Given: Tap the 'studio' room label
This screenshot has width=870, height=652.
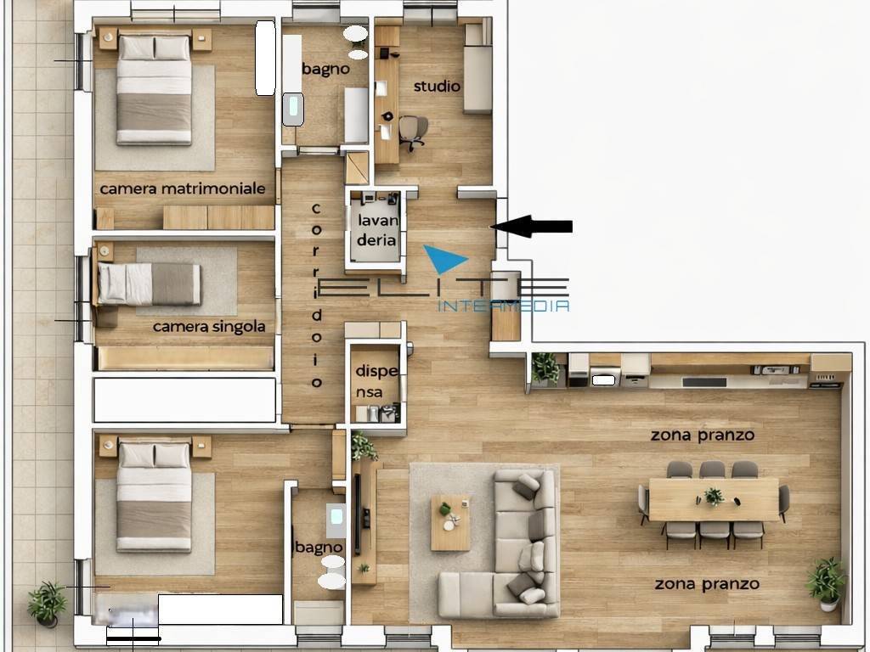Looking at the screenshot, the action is (438, 86).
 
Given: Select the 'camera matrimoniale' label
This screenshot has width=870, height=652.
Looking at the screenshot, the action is (183, 188).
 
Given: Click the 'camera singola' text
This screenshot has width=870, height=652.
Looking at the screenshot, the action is (209, 327).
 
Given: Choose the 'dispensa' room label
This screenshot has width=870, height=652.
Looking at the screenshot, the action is (376, 381).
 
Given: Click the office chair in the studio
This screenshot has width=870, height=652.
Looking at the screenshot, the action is (413, 132).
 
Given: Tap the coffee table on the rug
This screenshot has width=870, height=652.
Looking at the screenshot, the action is (450, 523).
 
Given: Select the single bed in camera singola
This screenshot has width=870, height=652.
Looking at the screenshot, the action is (150, 284).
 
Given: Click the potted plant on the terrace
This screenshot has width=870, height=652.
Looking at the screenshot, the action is (48, 604).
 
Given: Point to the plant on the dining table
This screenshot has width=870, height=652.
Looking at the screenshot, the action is (714, 496).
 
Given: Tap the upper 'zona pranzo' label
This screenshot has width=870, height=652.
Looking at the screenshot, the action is (703, 436).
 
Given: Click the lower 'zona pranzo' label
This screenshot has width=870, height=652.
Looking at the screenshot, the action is (707, 584).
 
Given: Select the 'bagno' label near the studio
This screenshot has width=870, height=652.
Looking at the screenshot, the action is (326, 70).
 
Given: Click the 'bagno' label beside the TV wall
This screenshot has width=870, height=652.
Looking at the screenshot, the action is (319, 548).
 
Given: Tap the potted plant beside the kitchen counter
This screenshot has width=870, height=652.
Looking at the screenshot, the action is (545, 368).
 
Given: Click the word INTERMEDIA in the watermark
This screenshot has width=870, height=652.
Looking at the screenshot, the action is (504, 306).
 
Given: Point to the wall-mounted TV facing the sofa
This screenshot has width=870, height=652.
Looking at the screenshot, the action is (358, 514).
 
